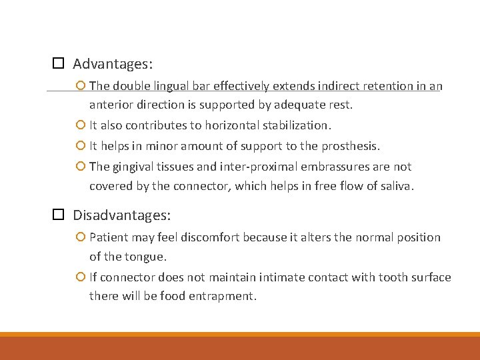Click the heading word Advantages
(112, 64)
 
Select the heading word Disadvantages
(121, 215)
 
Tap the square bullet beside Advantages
(58, 64)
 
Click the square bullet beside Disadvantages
(58, 215)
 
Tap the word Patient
(109, 237)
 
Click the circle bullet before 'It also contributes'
(81, 125)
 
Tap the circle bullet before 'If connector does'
(81, 277)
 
